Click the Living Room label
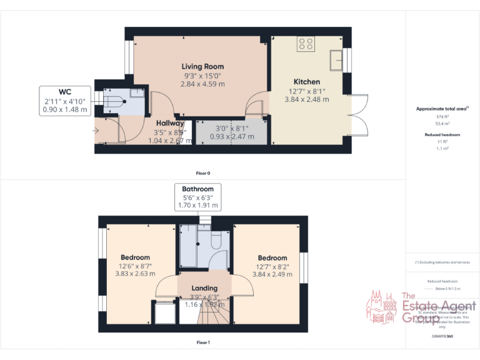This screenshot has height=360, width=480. (202, 66)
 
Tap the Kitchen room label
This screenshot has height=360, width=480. (307, 82)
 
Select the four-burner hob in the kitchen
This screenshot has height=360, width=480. (306, 43)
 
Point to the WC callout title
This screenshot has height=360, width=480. (65, 92)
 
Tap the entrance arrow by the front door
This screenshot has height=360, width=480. (95, 130)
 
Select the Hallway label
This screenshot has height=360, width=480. (170, 123)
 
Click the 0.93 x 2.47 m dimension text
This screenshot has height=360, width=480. (231, 136)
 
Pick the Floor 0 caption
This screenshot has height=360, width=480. (202, 172)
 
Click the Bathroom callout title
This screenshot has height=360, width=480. (197, 189)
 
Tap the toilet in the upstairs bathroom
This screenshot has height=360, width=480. (216, 241)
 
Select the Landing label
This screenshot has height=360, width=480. (204, 288)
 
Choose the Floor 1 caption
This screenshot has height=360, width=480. (202, 342)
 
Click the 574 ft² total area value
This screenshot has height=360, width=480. (442, 117)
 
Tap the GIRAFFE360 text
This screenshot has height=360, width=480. (442, 336)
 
